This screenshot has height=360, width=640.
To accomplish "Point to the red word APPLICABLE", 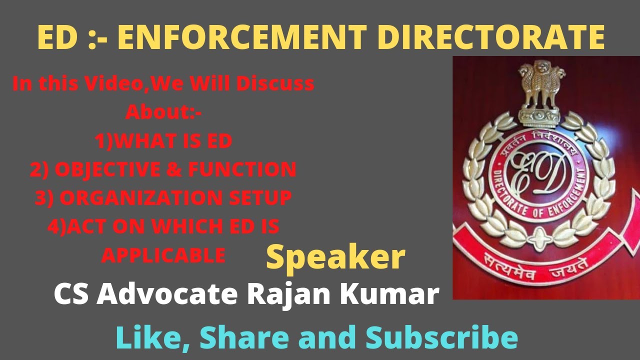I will pos(163,255).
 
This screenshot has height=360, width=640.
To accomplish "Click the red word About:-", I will pos(163,112).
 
